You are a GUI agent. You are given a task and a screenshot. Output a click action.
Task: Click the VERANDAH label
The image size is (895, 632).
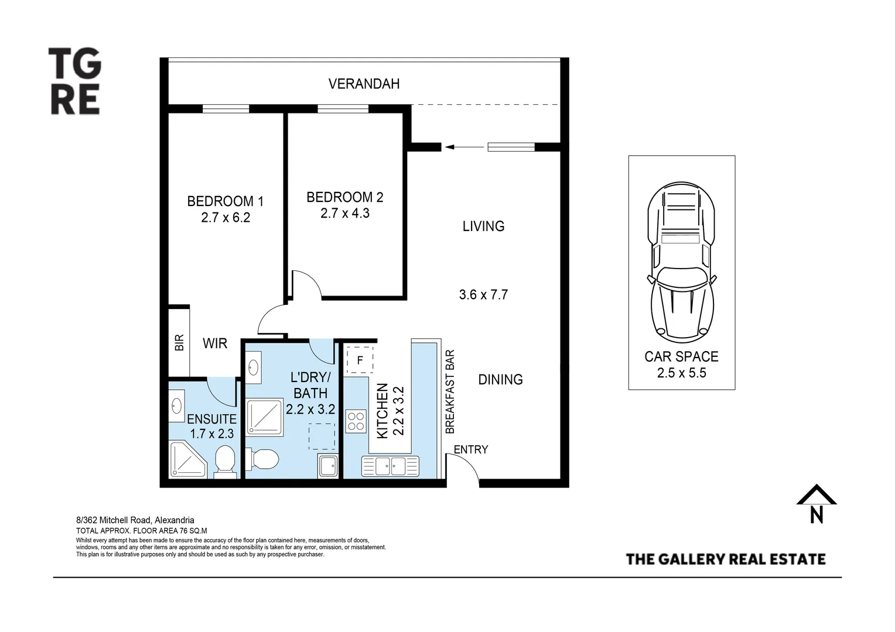point(364,84)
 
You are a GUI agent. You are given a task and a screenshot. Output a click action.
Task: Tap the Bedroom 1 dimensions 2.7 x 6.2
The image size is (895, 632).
point(225,218)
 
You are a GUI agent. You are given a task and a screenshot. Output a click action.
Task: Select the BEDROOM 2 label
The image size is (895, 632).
point(344,197)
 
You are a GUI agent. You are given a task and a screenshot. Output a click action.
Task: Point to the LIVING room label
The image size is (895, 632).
point(483,226)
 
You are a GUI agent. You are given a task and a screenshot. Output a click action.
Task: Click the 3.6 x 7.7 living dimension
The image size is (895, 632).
point(483,294)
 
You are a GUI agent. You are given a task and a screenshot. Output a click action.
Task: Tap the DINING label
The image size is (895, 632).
point(500,379)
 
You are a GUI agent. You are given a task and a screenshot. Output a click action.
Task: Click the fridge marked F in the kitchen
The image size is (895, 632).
point(360,360)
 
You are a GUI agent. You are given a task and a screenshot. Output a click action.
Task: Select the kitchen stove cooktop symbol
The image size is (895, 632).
point(356,421)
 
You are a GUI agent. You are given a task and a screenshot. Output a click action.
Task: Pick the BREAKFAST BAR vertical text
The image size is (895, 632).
point(450,392)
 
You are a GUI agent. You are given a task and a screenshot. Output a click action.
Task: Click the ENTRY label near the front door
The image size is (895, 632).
point(470,449)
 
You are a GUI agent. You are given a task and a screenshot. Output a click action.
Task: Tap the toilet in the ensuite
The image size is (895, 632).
point(225,459)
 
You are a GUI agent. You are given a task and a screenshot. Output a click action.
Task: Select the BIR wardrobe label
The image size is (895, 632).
point(179,342)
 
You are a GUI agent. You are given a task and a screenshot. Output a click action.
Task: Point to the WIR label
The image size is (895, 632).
point(215,344)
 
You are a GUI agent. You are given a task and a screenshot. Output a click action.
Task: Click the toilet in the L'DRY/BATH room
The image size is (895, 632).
point(262,459)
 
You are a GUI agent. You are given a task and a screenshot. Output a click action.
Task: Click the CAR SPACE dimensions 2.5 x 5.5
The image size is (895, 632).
point(681,373)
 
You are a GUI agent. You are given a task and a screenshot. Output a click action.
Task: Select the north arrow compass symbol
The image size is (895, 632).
point(816,504)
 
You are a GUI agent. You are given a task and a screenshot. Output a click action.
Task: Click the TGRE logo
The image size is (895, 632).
point(74,81)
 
